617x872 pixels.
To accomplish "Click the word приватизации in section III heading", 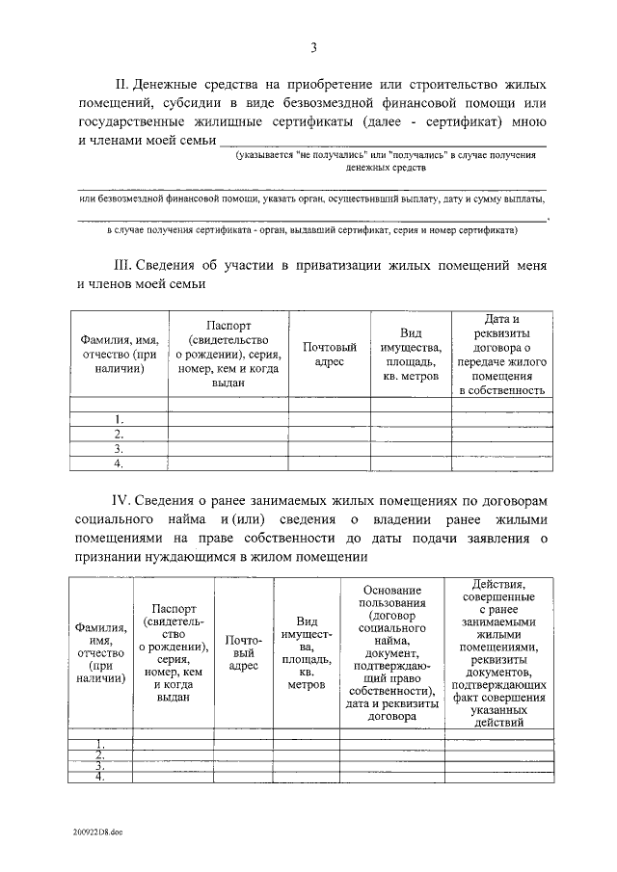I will point(324,266).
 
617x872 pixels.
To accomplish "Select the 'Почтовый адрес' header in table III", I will point(329,354).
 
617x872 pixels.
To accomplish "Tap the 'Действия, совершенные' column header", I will point(499,652).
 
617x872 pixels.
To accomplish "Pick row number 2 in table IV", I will point(99,754).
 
